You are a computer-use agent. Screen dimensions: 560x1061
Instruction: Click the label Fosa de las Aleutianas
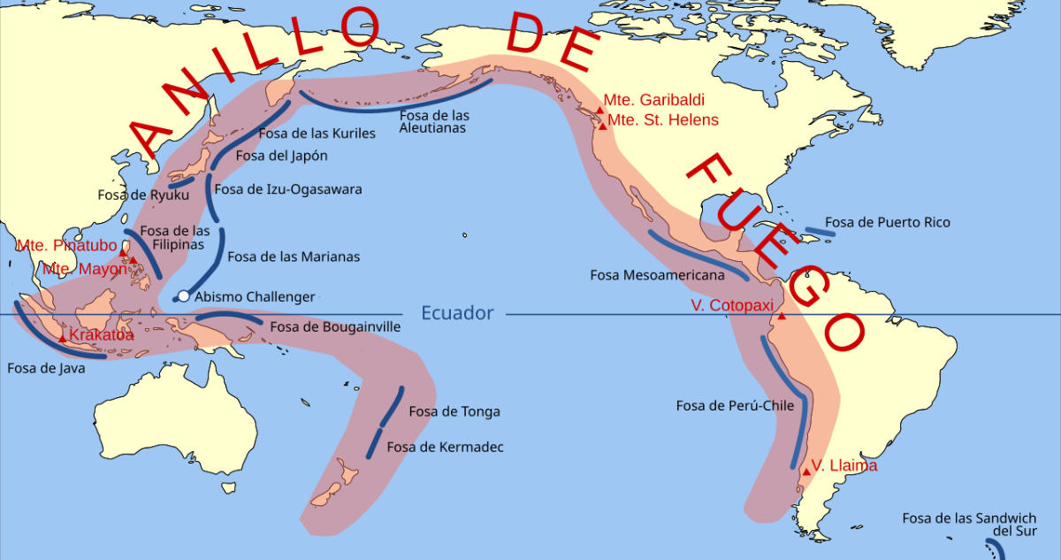click(x=434, y=121)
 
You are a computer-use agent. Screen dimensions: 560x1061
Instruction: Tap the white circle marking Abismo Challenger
click(x=183, y=296)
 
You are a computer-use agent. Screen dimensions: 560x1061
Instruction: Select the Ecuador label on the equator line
click(x=457, y=313)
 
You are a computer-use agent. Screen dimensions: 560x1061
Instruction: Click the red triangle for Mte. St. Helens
click(x=603, y=127)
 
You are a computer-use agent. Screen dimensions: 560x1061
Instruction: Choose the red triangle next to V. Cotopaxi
click(x=782, y=316)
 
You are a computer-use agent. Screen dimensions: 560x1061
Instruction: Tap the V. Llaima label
click(x=844, y=465)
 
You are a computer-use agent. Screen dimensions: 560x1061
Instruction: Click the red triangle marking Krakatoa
click(x=62, y=339)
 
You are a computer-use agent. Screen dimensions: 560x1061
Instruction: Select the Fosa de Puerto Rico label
click(x=888, y=222)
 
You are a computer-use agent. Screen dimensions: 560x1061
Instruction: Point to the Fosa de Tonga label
click(x=454, y=411)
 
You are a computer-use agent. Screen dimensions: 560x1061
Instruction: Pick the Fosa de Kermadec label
click(x=446, y=447)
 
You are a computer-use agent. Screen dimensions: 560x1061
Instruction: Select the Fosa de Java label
click(x=46, y=368)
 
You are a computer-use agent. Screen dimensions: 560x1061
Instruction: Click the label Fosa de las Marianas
click(x=294, y=257)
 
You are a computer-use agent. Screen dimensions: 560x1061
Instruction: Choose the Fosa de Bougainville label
click(x=335, y=326)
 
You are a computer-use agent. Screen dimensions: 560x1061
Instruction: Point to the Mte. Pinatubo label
click(x=67, y=245)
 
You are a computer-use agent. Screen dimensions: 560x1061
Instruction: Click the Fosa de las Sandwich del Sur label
click(x=969, y=525)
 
